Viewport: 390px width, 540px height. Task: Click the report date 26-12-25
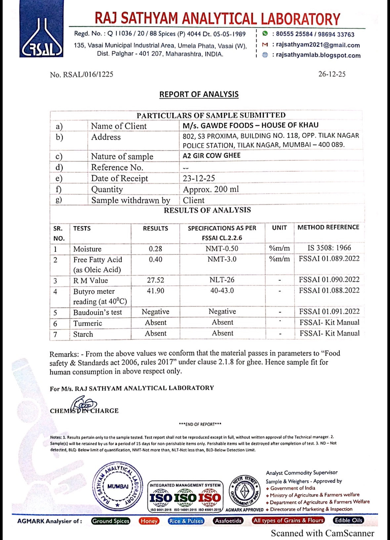(332, 74)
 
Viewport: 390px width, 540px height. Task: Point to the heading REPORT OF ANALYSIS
(199, 94)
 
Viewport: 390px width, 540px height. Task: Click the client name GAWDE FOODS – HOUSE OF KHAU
(250, 125)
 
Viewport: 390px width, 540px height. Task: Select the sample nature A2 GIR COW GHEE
(211, 156)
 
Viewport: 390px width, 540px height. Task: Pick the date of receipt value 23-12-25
(199, 178)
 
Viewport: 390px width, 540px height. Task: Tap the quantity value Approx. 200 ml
(211, 189)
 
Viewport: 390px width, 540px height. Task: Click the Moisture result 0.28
(155, 249)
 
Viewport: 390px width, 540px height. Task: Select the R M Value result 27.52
(155, 280)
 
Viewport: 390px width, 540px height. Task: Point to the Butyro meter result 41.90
(155, 291)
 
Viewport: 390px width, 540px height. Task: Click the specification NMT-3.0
(222, 259)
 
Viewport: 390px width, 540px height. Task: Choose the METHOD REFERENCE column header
(328, 227)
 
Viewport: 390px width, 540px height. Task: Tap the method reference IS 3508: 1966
(329, 248)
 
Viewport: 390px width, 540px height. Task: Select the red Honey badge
(149, 521)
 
